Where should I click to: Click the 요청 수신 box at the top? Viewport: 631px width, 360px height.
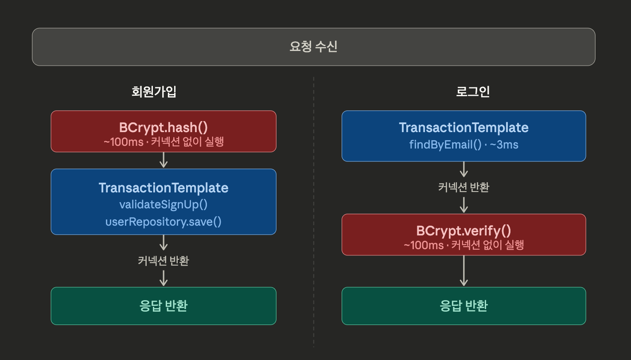(313, 47)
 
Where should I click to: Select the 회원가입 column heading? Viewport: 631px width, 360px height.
(154, 92)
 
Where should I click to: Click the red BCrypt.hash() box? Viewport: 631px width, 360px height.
(163, 131)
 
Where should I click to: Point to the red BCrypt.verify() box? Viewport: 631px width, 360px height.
(464, 235)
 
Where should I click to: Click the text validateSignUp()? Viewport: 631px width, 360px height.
(163, 204)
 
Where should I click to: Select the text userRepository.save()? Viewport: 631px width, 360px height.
(163, 221)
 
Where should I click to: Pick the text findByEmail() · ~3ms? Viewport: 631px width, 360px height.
(464, 145)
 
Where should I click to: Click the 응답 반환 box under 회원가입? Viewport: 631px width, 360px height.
(163, 306)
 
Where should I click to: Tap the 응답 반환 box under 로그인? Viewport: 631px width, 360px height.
(464, 306)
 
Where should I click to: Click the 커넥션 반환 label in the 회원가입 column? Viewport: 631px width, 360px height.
(163, 261)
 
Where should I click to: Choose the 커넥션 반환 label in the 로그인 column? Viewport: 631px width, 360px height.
(464, 187)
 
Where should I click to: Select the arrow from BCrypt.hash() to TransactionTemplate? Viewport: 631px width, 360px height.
(163, 160)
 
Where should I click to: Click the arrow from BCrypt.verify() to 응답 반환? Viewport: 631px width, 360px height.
(464, 271)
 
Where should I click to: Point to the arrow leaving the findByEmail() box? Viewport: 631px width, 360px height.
(464, 169)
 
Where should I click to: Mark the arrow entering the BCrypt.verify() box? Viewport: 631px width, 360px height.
(464, 205)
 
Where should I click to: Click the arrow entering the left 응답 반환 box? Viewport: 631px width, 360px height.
(163, 278)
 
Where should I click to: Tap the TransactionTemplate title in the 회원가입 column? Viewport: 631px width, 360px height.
(163, 188)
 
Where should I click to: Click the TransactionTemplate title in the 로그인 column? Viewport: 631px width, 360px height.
(464, 128)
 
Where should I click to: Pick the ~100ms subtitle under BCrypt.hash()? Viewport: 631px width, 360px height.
(163, 142)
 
